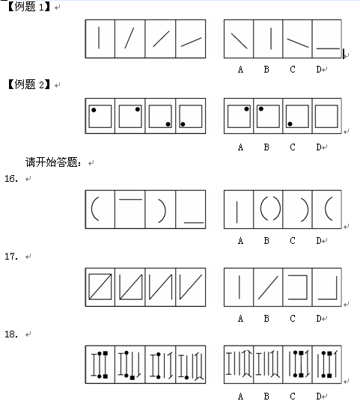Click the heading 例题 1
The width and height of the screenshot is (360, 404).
[29, 7]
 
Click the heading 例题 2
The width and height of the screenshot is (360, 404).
[29, 85]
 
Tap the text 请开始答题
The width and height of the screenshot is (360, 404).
[53, 162]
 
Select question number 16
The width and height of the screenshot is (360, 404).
[11, 178]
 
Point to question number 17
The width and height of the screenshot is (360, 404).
[11, 256]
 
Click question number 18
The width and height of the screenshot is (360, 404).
[11, 334]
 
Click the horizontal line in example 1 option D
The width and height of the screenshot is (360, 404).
[328, 48]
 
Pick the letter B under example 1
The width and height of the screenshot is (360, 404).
[266, 70]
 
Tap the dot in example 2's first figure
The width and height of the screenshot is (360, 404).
[94, 110]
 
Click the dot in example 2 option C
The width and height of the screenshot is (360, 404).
[290, 124]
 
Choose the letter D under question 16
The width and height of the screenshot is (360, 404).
[319, 241]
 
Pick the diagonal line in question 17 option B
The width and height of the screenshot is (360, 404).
[268, 287]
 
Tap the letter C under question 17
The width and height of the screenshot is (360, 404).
[293, 319]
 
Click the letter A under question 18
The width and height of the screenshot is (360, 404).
[240, 396]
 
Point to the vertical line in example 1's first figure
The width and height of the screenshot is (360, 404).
[99, 37]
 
